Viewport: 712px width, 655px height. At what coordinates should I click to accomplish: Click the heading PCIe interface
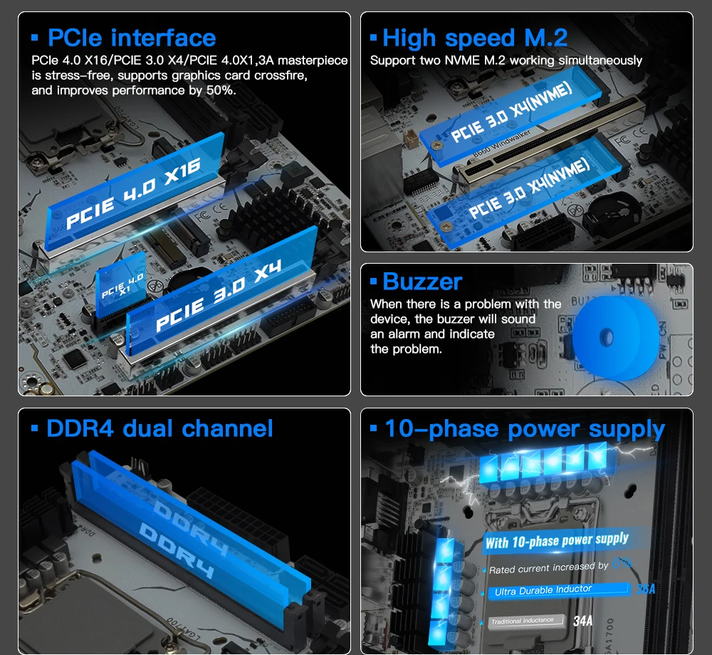(x=131, y=38)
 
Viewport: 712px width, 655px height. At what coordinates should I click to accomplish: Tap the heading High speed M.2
(x=475, y=38)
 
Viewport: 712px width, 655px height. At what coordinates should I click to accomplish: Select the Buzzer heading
(x=422, y=282)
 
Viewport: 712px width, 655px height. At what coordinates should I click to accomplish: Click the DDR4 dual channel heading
(x=159, y=428)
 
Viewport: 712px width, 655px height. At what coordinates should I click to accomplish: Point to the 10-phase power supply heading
(x=524, y=428)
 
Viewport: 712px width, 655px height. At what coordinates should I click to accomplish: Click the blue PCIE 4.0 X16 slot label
(x=134, y=193)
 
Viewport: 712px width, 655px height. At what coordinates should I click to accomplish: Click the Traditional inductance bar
(x=525, y=621)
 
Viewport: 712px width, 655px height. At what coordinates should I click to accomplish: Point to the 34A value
(x=582, y=621)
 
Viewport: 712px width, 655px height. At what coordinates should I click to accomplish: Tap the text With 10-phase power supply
(x=557, y=541)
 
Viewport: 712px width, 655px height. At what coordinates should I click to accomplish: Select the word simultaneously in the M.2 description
(x=602, y=61)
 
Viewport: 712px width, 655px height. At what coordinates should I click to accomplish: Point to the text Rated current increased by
(x=548, y=568)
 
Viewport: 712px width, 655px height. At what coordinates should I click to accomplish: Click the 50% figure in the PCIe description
(x=221, y=91)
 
